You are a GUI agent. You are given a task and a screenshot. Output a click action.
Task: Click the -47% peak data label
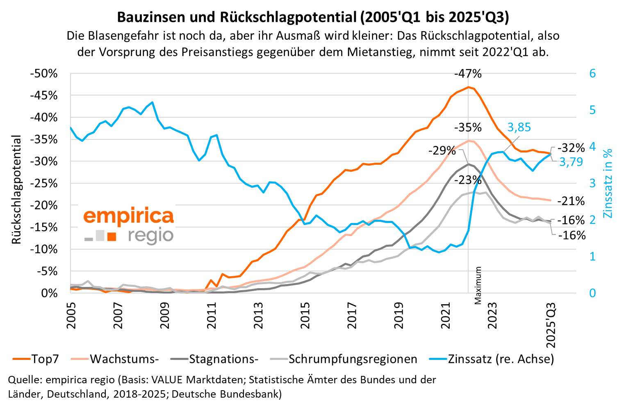coord(468,74)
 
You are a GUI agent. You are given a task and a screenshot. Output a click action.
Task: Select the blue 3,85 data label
coord(519,127)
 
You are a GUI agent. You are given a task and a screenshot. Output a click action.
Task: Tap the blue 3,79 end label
coord(571,162)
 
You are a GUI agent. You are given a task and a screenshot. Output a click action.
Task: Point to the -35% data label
coord(468,128)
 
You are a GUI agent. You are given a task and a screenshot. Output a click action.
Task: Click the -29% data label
coord(442,150)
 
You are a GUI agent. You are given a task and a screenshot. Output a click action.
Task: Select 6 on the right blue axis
coord(592,74)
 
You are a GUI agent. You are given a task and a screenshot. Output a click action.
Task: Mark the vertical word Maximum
coord(478,286)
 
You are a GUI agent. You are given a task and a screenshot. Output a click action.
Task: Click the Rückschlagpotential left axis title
coord(16,189)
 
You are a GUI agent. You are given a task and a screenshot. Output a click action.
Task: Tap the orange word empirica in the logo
coord(128,216)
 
